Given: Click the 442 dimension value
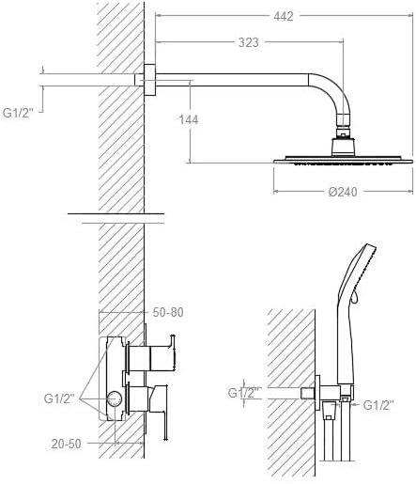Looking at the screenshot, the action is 284,16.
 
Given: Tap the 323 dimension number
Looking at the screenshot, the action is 249,42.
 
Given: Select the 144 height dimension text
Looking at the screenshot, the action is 189,119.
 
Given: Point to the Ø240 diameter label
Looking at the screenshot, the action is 343,192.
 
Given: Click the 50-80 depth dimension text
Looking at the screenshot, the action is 168,312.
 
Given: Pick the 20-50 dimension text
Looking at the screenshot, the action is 66,444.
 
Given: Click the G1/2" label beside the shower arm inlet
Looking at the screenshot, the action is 18,113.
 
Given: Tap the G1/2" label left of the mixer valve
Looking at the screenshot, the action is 59,398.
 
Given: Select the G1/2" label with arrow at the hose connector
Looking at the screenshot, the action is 378,405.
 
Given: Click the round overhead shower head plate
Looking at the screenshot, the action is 343,160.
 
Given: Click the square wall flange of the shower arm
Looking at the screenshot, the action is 150,80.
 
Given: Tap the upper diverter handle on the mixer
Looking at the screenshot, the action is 153,353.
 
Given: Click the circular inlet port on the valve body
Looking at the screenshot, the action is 115,399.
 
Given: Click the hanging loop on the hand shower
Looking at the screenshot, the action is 354,297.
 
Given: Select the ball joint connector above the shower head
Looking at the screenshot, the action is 343,133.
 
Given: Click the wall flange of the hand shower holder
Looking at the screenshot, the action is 317,393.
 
